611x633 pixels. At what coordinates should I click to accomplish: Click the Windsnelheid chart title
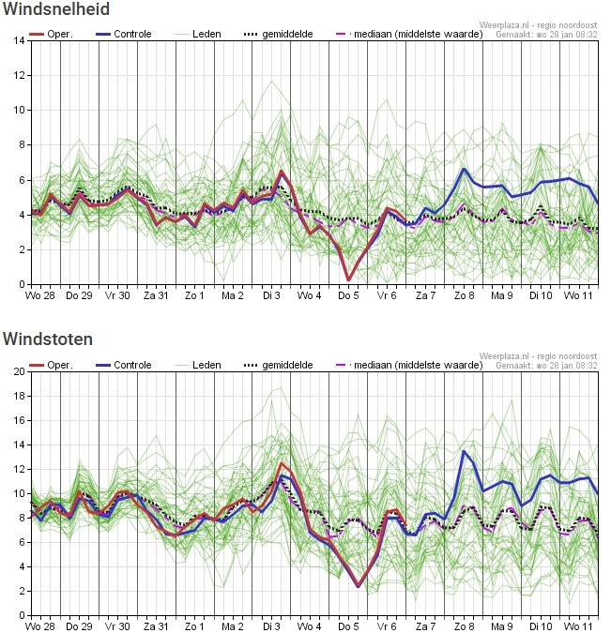tap(56, 8)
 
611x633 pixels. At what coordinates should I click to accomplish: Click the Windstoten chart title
tap(48, 339)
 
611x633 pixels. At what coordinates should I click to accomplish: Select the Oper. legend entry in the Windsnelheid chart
tap(52, 35)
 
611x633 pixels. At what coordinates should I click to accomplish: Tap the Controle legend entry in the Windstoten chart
tap(124, 366)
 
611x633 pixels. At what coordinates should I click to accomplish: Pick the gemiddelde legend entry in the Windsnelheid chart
tap(279, 35)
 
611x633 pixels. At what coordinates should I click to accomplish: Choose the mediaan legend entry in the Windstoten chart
tap(409, 366)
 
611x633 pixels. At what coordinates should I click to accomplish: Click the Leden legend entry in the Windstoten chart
tap(198, 366)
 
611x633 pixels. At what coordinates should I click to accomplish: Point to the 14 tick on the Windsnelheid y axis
tap(19, 40)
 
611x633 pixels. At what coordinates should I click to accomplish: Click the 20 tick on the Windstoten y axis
tap(19, 371)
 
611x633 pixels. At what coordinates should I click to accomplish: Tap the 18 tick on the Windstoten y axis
tap(19, 396)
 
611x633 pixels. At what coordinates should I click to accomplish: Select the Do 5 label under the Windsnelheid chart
tap(348, 296)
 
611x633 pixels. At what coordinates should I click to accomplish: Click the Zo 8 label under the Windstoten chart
tap(465, 626)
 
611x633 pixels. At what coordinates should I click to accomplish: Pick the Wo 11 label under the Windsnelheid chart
tap(578, 296)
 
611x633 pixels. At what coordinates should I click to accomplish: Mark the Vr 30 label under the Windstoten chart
tap(117, 626)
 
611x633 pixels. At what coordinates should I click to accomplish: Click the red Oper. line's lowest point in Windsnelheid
tap(349, 279)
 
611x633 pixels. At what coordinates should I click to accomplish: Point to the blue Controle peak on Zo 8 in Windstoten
tap(464, 451)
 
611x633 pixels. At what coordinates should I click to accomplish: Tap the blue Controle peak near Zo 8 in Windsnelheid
tap(464, 169)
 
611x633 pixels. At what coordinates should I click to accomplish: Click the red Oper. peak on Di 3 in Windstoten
tap(282, 463)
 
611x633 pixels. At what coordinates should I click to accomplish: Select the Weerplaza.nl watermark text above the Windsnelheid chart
tap(538, 25)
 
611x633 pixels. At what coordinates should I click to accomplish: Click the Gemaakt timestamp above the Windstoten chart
tap(546, 366)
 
